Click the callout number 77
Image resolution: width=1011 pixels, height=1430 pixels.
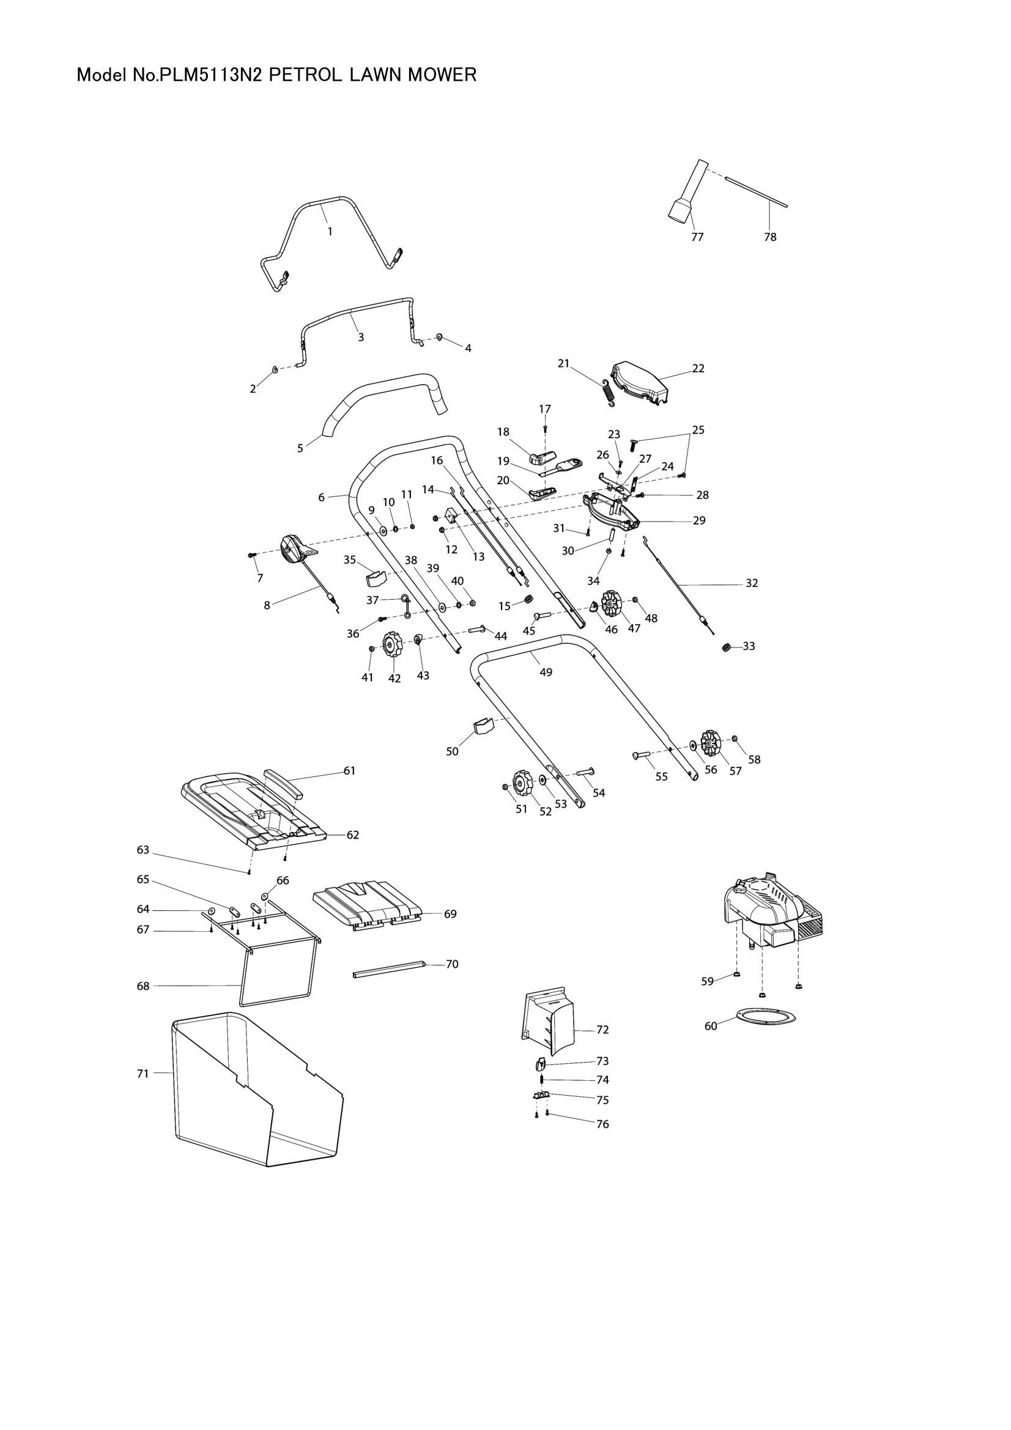[697, 237]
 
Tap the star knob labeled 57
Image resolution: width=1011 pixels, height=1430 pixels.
[710, 741]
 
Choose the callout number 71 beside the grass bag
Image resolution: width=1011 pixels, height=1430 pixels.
[143, 1073]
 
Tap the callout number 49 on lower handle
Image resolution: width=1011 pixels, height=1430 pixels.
[546, 673]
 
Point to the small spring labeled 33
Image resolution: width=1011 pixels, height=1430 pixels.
[726, 647]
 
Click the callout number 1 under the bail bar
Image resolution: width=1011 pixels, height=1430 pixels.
[330, 232]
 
